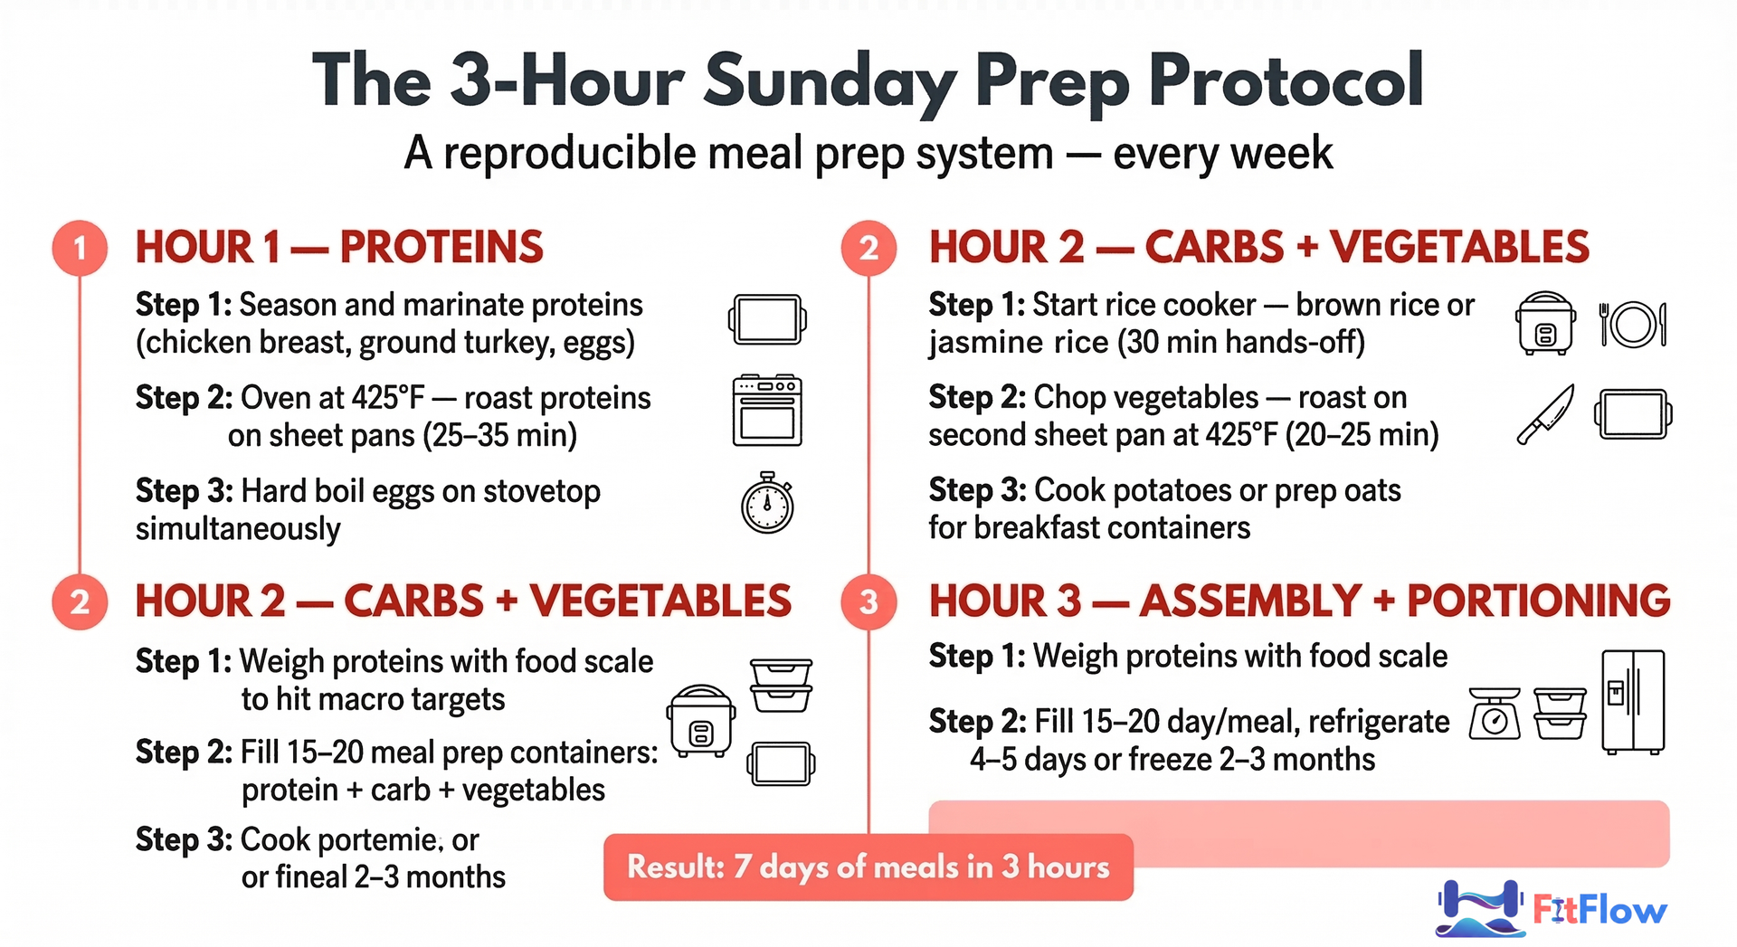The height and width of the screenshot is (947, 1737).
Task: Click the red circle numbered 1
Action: coord(80,248)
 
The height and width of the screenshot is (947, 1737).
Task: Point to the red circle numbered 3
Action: coord(868,601)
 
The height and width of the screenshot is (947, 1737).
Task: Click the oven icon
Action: coord(767,411)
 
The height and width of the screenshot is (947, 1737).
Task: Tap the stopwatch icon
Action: coord(767,503)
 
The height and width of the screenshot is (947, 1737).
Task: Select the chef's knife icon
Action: coord(1545,414)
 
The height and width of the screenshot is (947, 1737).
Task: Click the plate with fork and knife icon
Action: coord(1633,324)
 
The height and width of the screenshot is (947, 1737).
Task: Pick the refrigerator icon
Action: coord(1633,702)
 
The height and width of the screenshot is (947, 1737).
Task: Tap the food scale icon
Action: coord(1495,714)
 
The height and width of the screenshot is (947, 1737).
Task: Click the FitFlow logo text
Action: coord(1599,910)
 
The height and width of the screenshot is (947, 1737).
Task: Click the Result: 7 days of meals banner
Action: coord(868,867)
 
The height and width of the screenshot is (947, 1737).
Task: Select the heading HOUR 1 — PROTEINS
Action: coord(339,248)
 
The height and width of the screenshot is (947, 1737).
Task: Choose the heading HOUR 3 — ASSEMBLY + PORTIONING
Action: coord(1299,601)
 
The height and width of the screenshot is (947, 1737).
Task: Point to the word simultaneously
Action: coord(238,529)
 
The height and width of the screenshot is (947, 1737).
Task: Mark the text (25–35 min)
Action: coord(498,436)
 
